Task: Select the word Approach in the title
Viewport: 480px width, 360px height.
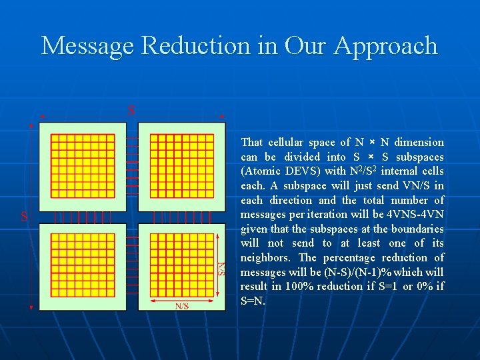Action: click(386, 46)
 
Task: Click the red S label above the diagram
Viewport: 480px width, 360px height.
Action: click(131, 109)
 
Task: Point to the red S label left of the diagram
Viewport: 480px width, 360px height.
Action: click(24, 216)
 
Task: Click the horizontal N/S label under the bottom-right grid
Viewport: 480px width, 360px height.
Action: click(181, 306)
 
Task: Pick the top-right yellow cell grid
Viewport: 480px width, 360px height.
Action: click(181, 167)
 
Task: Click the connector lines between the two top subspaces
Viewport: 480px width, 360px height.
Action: click(133, 167)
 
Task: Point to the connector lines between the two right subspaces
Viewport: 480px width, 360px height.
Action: click(181, 217)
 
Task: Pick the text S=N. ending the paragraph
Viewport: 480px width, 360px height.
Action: click(253, 301)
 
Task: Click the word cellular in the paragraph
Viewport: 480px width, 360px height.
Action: click(290, 142)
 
